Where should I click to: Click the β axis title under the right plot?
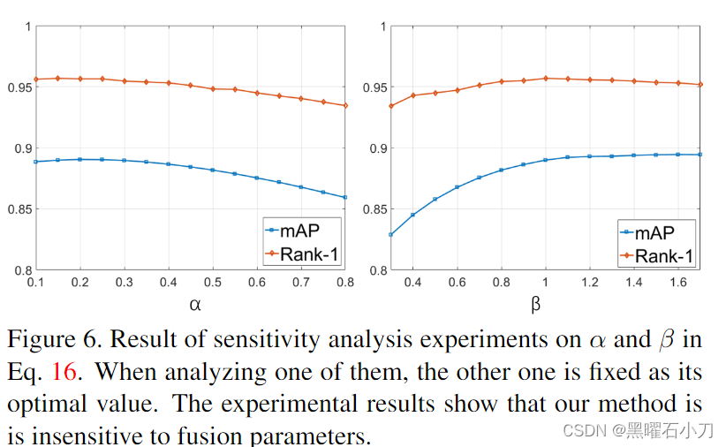coord(535,305)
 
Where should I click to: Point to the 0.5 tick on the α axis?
coord(213,281)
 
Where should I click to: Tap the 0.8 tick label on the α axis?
coord(345,281)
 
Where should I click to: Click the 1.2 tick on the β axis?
coord(590,281)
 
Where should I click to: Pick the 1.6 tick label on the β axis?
coord(678,281)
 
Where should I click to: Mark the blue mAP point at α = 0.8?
coord(345,197)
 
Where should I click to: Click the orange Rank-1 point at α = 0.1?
coord(35,80)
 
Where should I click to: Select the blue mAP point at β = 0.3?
coord(390,234)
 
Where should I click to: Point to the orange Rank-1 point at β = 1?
coord(546,78)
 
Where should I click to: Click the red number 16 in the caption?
coord(66,372)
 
